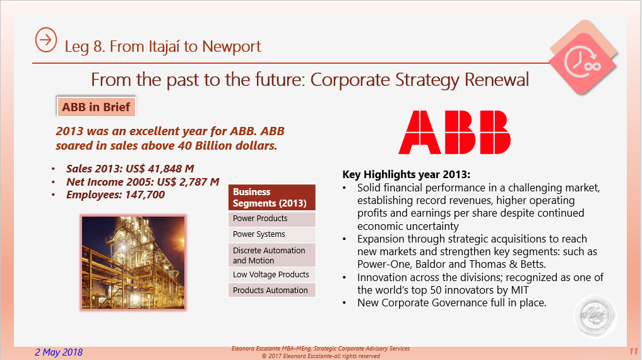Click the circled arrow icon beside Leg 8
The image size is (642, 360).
coord(46,40)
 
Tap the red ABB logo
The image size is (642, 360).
coord(455,132)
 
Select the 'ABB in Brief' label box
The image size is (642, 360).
coord(96,107)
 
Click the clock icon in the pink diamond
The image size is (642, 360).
coord(582,62)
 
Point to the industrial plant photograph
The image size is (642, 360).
coord(133,263)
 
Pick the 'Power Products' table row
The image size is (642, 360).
coord(272,219)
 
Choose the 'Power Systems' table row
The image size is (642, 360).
coord(272,234)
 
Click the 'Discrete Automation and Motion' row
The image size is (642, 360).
coord(272,255)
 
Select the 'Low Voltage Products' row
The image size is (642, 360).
coord(272,274)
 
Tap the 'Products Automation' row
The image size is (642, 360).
coord(272,290)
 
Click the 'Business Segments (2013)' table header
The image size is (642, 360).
coord(272,198)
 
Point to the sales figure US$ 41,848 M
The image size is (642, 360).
coord(160,169)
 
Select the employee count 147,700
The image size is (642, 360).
coord(145,195)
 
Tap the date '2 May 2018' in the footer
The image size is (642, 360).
coord(59,352)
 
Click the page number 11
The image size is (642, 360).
coord(633,351)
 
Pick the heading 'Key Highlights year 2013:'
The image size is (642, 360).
coord(406,174)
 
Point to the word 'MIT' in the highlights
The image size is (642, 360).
coord(520,290)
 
